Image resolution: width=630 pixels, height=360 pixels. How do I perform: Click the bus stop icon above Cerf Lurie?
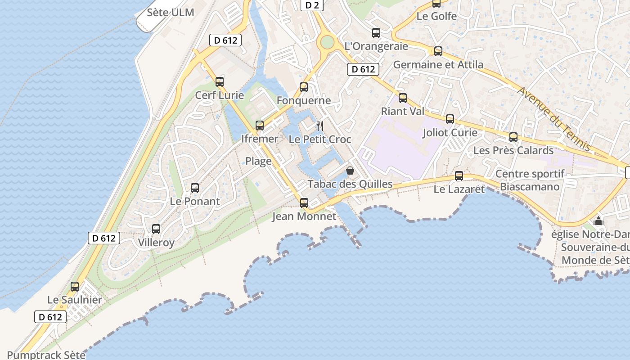click(220, 82)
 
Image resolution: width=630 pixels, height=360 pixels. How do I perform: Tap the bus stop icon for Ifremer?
click(260, 126)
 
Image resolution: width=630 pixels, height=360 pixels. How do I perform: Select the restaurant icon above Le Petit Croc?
click(320, 126)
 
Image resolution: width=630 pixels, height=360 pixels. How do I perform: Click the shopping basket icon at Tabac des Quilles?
click(350, 171)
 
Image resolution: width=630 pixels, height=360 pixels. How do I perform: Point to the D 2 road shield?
click(312, 5)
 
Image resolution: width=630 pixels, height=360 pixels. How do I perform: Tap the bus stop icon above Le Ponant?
click(195, 188)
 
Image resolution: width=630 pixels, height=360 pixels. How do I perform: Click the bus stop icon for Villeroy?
click(156, 229)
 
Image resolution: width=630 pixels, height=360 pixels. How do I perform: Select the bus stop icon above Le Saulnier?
click(75, 287)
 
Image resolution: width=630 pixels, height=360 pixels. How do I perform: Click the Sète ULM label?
click(171, 12)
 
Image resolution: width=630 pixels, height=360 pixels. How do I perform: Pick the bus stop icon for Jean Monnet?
click(304, 203)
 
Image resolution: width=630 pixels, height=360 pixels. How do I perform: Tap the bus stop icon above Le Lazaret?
click(459, 176)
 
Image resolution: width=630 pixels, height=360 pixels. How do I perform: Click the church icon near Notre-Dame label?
click(598, 221)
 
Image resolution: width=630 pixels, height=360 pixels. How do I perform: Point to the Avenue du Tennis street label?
click(553, 119)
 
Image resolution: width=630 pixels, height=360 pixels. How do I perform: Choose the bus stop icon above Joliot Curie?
click(450, 119)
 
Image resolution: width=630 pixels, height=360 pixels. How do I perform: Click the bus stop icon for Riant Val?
click(403, 98)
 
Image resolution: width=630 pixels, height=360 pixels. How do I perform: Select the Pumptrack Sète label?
click(46, 355)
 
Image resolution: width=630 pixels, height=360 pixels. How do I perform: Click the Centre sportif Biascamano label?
click(530, 180)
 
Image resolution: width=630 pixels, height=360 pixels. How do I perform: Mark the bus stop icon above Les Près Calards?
click(513, 137)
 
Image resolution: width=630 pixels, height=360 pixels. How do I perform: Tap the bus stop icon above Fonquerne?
click(304, 87)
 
